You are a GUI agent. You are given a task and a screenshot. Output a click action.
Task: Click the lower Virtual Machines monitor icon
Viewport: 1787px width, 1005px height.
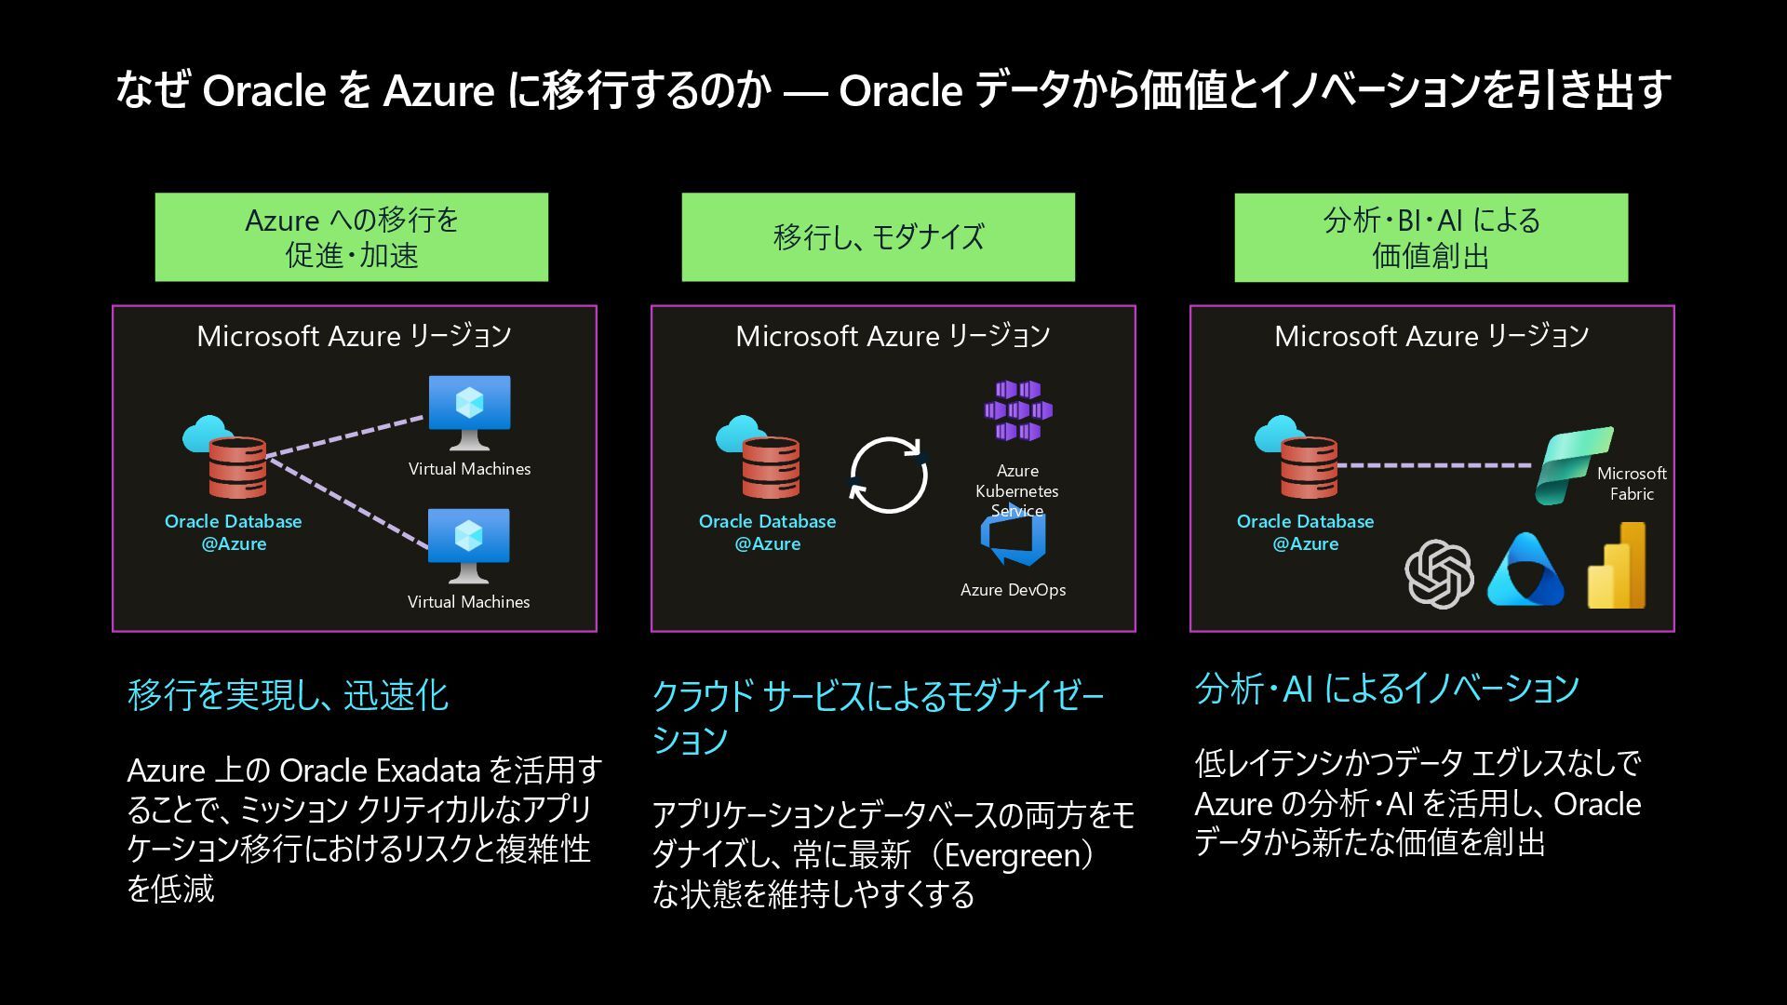tap(468, 543)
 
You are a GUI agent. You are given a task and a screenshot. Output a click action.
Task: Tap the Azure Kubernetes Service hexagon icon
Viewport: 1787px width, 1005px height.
tap(1018, 410)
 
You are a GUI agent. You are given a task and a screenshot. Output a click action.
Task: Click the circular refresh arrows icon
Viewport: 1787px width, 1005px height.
tap(888, 476)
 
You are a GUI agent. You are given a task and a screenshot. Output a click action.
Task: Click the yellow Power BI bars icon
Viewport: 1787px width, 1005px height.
tap(1617, 567)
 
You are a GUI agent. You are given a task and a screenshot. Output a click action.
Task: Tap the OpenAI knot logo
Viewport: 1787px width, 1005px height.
tap(1439, 573)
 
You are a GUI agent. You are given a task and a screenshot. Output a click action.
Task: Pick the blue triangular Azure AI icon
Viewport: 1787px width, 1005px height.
tap(1525, 570)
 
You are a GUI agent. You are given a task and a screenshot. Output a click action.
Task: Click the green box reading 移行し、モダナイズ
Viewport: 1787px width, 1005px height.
tap(878, 237)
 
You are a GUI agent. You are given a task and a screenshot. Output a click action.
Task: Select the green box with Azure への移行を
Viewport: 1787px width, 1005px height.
tap(351, 237)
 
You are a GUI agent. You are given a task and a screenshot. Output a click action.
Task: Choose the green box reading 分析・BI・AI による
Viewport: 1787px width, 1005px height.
tap(1431, 237)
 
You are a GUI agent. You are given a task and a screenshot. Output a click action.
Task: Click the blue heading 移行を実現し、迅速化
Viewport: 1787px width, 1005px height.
tap(288, 695)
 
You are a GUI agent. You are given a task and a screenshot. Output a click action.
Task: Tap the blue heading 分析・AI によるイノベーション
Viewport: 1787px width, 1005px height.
tap(1387, 689)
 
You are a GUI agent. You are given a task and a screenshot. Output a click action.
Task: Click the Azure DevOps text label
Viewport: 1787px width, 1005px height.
tap(1013, 590)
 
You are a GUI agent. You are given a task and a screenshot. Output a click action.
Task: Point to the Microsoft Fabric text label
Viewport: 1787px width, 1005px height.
tap(1632, 483)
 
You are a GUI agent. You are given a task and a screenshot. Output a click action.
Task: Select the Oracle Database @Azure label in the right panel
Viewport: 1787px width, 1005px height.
tap(1305, 532)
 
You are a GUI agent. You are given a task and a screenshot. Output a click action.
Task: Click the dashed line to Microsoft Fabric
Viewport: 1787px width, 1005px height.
tap(1433, 465)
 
